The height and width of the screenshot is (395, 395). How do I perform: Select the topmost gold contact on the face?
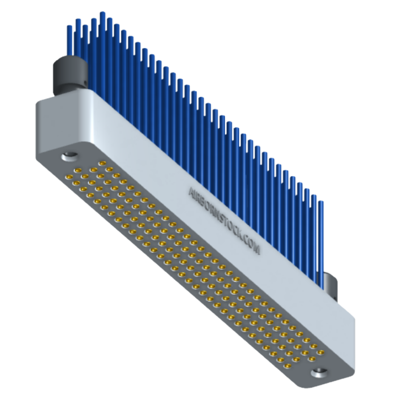[x=102, y=163]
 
